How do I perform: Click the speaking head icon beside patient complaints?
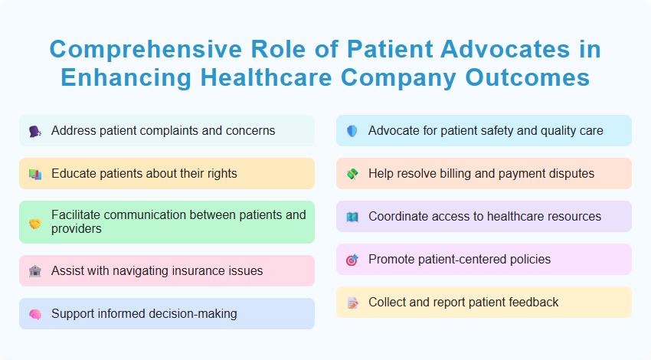pyautogui.click(x=35, y=131)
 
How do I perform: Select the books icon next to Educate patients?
pyautogui.click(x=35, y=174)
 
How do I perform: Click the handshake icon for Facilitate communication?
pyautogui.click(x=35, y=223)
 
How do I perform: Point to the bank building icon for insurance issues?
pyautogui.click(x=35, y=271)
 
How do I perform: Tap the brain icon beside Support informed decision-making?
pyautogui.click(x=35, y=314)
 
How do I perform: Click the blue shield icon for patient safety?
pyautogui.click(x=352, y=131)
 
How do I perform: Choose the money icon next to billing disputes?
pyautogui.click(x=352, y=174)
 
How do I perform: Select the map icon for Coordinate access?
pyautogui.click(x=352, y=217)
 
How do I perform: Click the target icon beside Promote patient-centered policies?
pyautogui.click(x=352, y=260)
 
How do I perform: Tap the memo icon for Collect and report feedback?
pyautogui.click(x=352, y=303)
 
